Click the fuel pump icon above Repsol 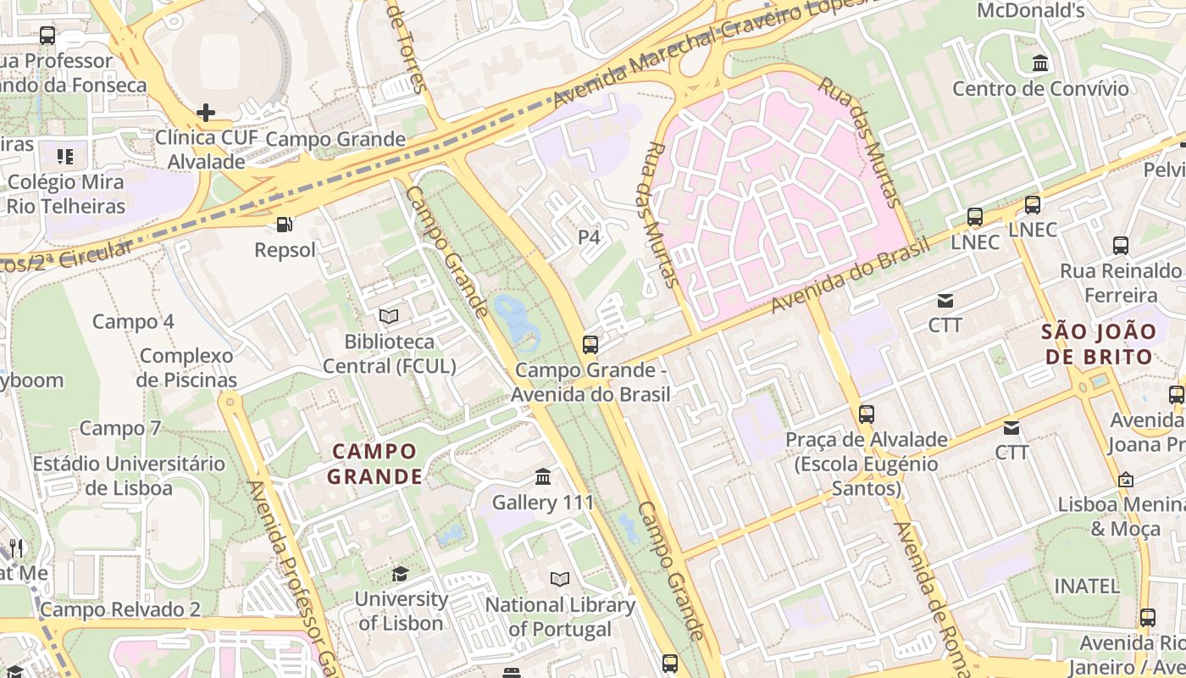(x=285, y=225)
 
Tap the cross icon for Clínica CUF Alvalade (x=205, y=113)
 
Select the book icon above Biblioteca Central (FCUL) (x=389, y=316)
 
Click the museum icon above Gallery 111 (x=543, y=477)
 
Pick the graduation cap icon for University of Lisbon (x=400, y=574)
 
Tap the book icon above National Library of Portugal (x=560, y=580)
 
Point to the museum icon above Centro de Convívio (x=1039, y=64)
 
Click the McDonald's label (x=1030, y=11)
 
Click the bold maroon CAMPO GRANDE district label (x=374, y=464)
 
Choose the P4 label (x=589, y=237)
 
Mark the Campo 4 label (x=133, y=322)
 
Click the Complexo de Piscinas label (x=186, y=368)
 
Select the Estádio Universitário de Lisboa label (x=129, y=476)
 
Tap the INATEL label (x=1086, y=586)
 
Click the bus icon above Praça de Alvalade (x=866, y=414)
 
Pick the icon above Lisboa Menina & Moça (x=1125, y=480)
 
